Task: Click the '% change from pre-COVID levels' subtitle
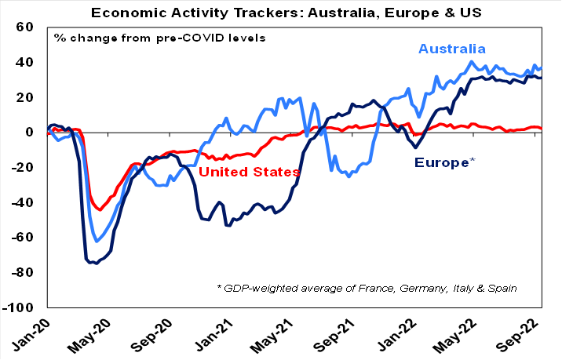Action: click(159, 38)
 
